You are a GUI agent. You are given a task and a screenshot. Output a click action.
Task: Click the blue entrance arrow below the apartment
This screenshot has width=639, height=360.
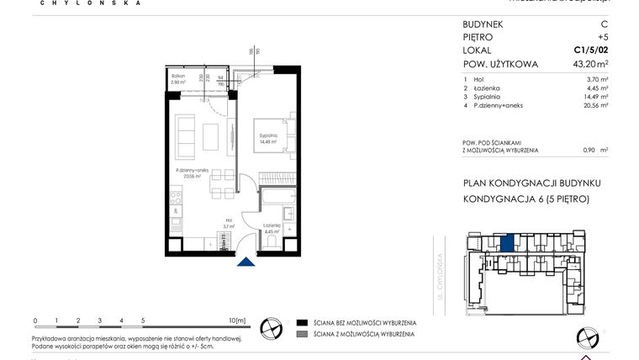tap(245, 262)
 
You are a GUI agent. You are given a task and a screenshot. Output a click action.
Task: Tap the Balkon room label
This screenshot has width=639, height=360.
tap(177, 78)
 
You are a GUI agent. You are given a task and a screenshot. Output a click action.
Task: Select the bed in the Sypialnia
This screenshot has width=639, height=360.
tap(270, 136)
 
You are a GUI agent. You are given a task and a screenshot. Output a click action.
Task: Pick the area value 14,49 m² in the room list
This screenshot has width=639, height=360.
tap(594, 97)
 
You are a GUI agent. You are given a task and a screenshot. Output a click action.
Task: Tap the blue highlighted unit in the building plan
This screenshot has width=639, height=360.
tap(507, 244)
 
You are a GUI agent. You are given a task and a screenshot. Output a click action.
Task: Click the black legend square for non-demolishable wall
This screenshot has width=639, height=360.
tap(302, 322)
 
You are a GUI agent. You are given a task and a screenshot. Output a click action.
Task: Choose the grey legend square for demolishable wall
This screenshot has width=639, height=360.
tap(302, 334)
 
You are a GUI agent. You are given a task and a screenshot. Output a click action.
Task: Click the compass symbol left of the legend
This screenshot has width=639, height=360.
tap(271, 327)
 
